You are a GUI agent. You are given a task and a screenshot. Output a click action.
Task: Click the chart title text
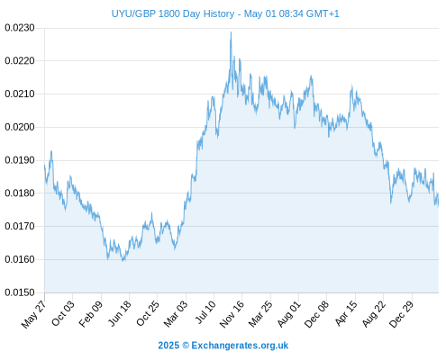point(225,13)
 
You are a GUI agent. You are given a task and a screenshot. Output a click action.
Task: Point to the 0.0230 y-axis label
point(20,28)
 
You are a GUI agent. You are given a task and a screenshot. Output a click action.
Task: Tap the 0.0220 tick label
point(20,61)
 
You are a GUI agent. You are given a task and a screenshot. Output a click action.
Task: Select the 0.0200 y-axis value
point(20,127)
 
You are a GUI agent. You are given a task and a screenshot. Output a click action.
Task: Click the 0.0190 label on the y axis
point(20,160)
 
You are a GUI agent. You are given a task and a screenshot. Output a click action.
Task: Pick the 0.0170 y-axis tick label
point(20,226)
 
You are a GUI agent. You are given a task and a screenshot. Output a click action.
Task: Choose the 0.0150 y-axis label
point(20,292)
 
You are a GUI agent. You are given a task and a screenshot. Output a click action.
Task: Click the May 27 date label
point(34,314)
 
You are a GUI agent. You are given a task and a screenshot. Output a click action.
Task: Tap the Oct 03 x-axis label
point(63,313)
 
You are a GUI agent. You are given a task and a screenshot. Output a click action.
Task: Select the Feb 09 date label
point(91,314)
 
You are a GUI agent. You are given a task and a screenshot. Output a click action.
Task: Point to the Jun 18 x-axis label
point(120,313)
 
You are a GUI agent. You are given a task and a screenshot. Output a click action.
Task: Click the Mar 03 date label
point(176,314)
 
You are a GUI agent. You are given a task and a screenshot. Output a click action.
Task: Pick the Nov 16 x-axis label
point(232,314)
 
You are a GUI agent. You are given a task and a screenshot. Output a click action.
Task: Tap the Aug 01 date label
point(288,314)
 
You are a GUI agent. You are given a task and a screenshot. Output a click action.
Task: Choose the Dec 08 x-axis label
point(316,314)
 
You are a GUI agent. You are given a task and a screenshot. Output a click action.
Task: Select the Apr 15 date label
point(346,313)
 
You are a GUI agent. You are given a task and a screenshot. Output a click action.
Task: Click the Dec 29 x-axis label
point(402,314)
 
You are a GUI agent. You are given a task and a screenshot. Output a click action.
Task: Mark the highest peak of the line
point(231,31)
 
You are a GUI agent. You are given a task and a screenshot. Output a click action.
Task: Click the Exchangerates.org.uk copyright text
point(223,346)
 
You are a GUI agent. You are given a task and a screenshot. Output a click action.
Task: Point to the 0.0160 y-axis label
point(20,259)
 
